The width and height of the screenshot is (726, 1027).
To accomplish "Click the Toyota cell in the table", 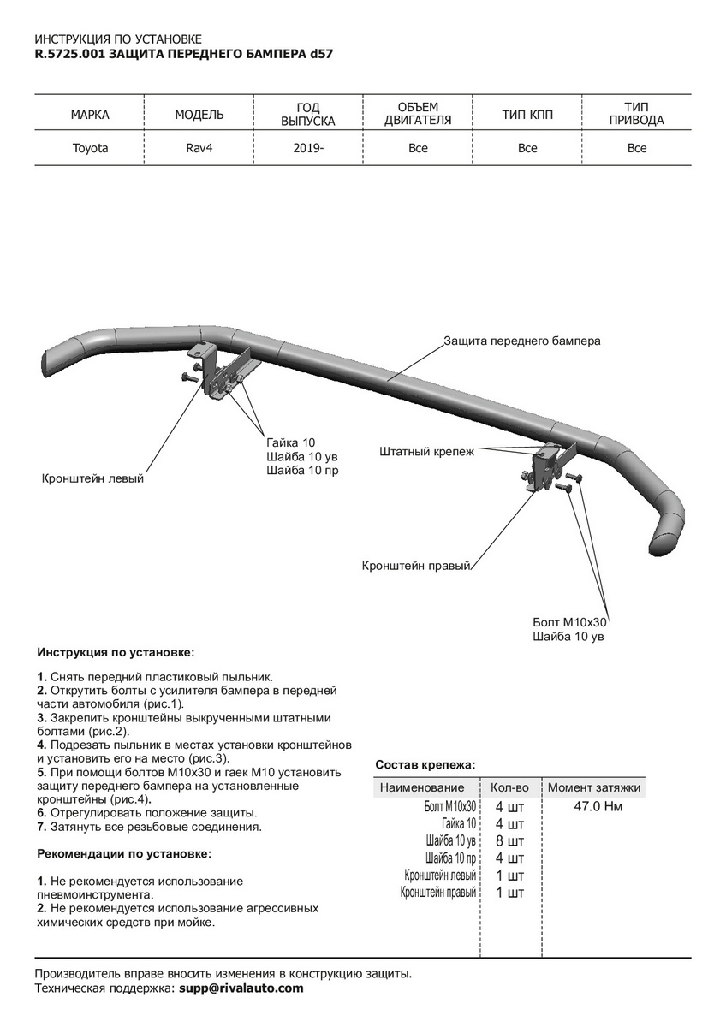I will click(90, 148).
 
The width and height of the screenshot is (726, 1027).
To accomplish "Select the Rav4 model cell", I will click(199, 148).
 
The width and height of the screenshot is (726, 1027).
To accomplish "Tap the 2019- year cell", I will click(308, 148).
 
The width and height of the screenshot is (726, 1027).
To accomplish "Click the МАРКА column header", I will click(90, 115).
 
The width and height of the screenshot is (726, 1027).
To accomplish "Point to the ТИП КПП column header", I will click(527, 115).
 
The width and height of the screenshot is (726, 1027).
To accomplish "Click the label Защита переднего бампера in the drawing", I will click(522, 341).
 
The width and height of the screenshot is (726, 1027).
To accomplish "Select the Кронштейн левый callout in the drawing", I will click(92, 478).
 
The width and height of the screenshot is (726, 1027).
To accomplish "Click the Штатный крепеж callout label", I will click(426, 450).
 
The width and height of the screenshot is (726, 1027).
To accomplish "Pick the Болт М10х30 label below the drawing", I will click(569, 622).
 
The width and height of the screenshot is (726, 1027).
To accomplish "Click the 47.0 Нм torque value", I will click(598, 806).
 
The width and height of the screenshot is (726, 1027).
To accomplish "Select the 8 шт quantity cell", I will click(509, 841).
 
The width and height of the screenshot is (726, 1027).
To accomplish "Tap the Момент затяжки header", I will click(594, 787).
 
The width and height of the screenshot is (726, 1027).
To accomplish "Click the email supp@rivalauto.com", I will click(241, 988).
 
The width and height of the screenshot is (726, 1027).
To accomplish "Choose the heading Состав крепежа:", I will click(425, 764).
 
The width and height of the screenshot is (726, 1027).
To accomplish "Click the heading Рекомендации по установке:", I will click(124, 853).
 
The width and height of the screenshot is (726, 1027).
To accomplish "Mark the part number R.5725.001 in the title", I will click(70, 53).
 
